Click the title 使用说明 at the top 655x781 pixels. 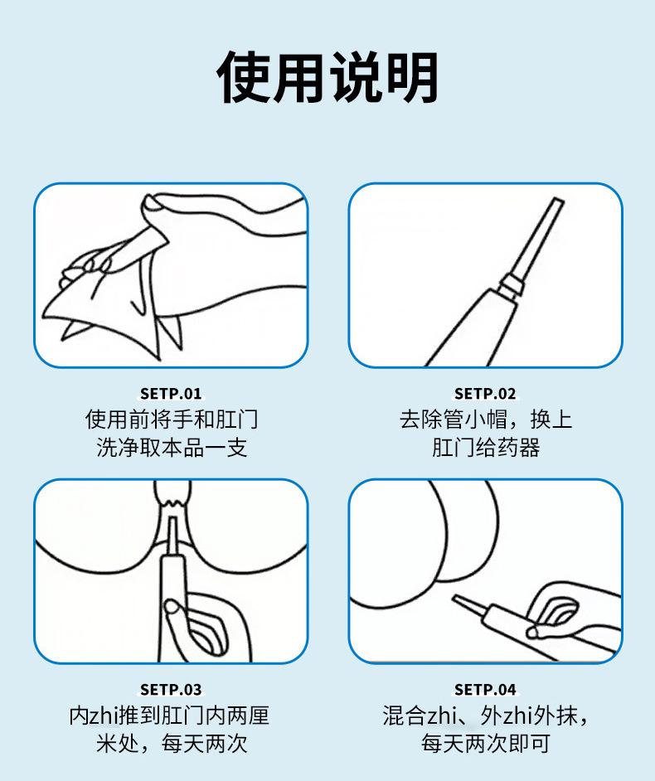[327, 78]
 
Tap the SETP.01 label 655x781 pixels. [171, 394]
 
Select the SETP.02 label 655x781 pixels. [485, 394]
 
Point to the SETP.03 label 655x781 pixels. [171, 689]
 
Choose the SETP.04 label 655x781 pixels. [485, 689]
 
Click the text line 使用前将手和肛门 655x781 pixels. [172, 419]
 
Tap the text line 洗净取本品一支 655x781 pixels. [172, 447]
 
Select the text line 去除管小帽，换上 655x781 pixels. [486, 419]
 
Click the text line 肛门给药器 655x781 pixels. [486, 447]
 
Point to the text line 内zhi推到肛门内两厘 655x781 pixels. [169, 716]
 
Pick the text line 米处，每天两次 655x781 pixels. [172, 744]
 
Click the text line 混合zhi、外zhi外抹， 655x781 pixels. [486, 716]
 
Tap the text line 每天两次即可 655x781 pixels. [486, 744]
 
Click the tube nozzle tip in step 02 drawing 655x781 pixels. [557, 201]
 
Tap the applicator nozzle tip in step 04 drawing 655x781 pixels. [455, 598]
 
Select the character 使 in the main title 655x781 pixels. [244, 78]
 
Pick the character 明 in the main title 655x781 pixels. [412, 78]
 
